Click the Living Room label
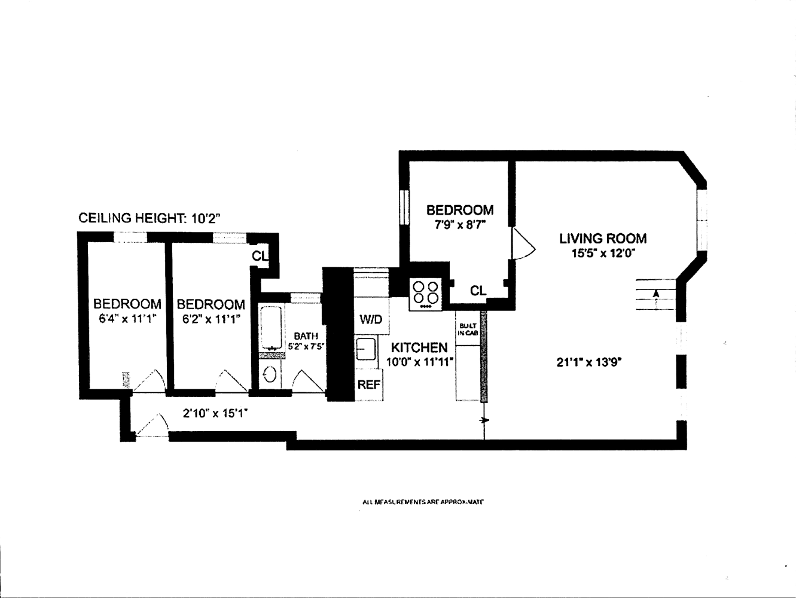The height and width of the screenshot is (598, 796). tap(602, 239)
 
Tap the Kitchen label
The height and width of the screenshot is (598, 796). tap(419, 347)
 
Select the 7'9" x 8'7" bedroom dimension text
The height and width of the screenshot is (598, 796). tap(459, 225)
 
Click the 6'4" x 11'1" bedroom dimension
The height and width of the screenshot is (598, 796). tap(127, 319)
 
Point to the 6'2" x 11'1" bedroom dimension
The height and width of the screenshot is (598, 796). tap(211, 319)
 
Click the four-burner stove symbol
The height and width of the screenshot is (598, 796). tap(425, 294)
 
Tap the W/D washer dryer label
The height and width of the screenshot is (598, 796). tap(370, 319)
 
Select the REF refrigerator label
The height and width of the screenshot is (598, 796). tap(369, 385)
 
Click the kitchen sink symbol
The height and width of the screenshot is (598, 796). tap(365, 349)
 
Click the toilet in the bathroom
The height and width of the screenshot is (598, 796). tap(270, 375)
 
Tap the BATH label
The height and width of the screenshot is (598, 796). tap(306, 336)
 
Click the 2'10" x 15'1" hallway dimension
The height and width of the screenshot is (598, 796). tap(215, 412)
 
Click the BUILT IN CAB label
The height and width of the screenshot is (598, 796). tap(466, 329)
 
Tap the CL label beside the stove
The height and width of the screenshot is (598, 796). tap(478, 291)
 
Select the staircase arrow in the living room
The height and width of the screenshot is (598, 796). tap(656, 294)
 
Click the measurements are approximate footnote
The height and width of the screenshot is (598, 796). tap(422, 502)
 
